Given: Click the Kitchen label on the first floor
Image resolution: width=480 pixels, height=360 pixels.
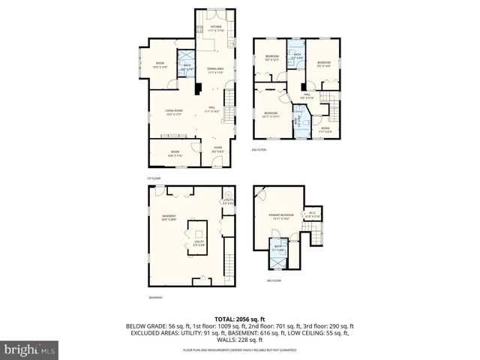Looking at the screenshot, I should (x=216, y=28).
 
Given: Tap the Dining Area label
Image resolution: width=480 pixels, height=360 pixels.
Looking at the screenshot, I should (x=216, y=70).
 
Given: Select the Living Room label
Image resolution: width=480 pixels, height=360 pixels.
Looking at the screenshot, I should (x=175, y=112).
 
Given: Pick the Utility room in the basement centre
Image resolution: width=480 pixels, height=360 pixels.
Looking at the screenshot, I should (x=199, y=243).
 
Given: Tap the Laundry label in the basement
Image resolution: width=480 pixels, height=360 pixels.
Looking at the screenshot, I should (x=228, y=202).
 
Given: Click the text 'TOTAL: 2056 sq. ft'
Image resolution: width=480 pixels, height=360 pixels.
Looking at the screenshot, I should (x=240, y=319).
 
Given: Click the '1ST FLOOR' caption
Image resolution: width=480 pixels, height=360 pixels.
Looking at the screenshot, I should (x=154, y=177).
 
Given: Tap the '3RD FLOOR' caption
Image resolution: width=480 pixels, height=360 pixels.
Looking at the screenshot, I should (x=274, y=281).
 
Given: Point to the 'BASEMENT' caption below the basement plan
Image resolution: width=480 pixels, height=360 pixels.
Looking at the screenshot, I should (x=155, y=298).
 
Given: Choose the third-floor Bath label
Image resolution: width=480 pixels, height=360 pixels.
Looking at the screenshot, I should (x=277, y=248).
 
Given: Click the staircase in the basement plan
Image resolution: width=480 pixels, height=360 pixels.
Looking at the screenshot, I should (x=229, y=264).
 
